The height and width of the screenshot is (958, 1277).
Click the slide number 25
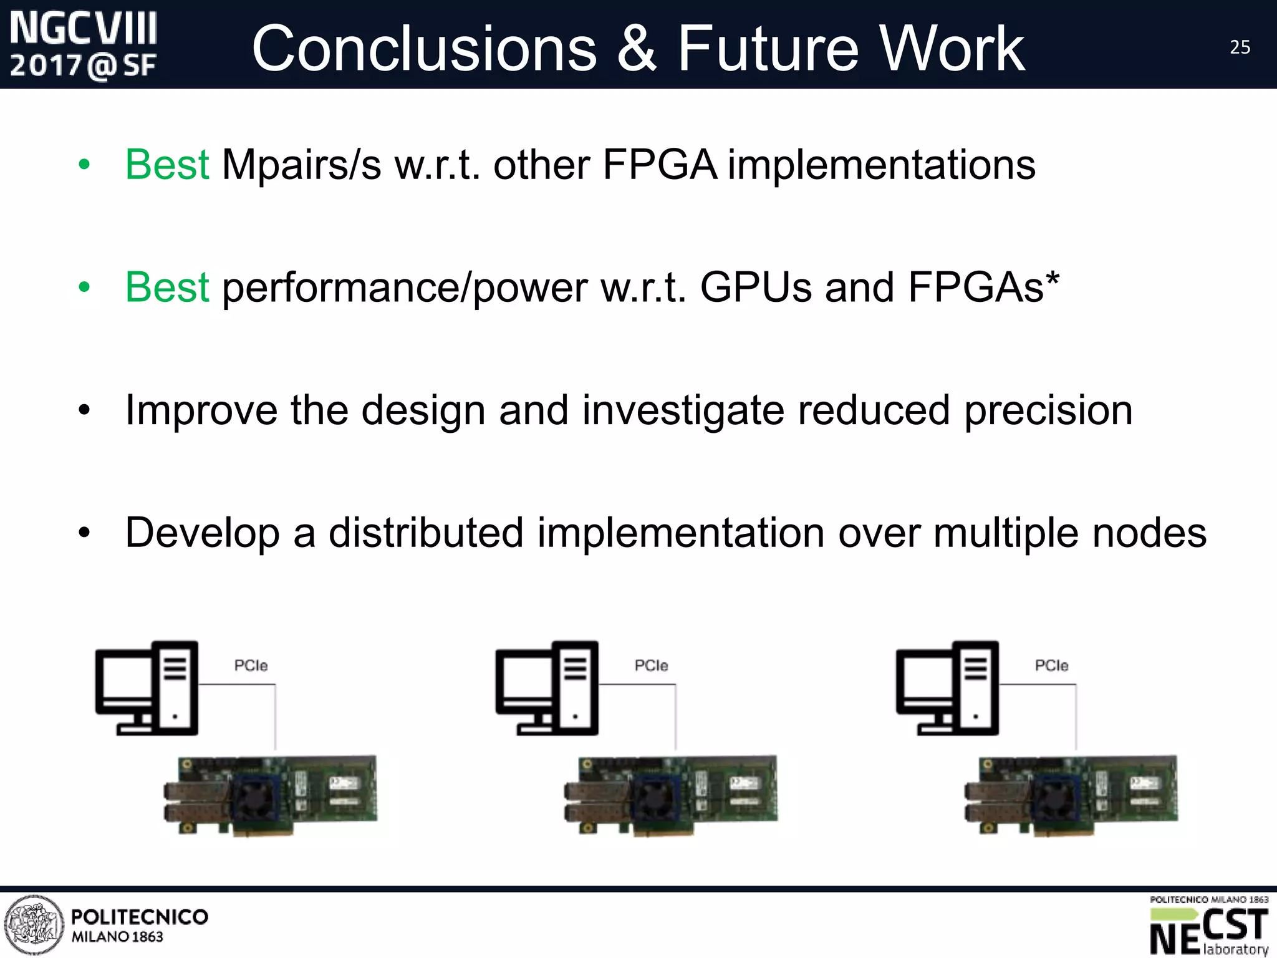(x=1240, y=47)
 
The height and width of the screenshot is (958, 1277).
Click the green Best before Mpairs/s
(x=166, y=165)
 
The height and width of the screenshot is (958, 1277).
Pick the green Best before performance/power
(x=166, y=288)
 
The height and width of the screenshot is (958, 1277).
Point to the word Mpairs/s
(x=301, y=166)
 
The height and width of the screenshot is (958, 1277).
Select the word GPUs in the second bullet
(x=756, y=288)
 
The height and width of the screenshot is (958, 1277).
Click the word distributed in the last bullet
(x=426, y=533)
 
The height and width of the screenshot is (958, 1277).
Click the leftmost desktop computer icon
(x=147, y=688)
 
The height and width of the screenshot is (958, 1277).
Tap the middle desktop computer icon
(x=547, y=688)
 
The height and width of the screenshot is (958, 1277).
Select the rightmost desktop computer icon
(x=948, y=688)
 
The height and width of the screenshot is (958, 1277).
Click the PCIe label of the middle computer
(x=651, y=666)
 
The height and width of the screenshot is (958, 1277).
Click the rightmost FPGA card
(x=1071, y=796)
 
